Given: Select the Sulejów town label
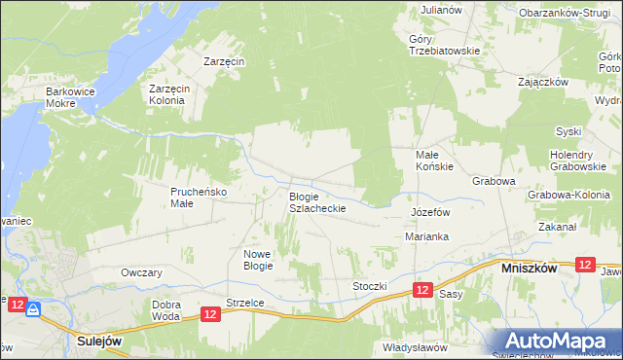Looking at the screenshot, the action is click(x=99, y=342).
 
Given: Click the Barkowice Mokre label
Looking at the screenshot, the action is click(x=67, y=98).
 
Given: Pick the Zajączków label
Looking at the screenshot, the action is click(x=543, y=82).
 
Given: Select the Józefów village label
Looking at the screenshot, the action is click(x=429, y=211).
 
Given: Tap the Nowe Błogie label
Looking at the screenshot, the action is click(x=258, y=259).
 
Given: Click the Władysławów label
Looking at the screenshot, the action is click(x=415, y=346).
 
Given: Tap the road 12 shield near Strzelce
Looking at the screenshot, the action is click(x=211, y=313).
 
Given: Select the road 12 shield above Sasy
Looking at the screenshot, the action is click(x=421, y=290).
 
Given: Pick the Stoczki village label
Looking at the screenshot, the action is click(x=370, y=287).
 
